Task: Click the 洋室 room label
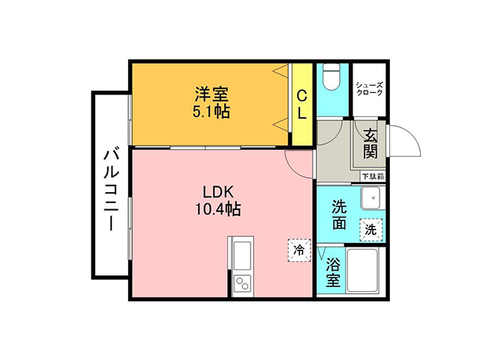211,94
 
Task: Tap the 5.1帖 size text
211,112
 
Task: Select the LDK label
218,192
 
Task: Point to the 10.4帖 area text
218,209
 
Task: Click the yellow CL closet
301,104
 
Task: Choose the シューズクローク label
369,88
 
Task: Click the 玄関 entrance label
370,143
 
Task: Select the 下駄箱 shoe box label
373,177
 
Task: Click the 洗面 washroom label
339,214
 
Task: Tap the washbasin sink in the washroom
372,198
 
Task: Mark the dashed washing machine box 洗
371,229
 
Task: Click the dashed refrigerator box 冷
299,250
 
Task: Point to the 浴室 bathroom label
333,272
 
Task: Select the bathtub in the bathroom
362,270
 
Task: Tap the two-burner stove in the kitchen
242,283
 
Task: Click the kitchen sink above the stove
242,256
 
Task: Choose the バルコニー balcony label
111,189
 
